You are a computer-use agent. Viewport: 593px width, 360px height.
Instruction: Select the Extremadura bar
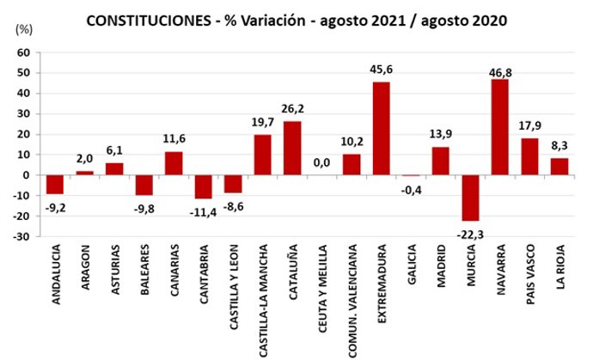click(x=382, y=128)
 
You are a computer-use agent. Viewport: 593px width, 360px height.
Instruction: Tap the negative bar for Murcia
click(x=469, y=198)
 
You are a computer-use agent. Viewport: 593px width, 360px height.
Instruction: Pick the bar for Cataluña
click(x=292, y=148)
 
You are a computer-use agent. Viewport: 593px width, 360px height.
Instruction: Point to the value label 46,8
click(x=499, y=70)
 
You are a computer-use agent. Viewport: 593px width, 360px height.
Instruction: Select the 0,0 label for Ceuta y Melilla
click(x=321, y=162)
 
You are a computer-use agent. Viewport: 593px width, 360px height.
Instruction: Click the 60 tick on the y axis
click(x=24, y=52)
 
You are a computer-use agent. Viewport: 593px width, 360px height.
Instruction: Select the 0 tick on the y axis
click(x=28, y=175)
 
